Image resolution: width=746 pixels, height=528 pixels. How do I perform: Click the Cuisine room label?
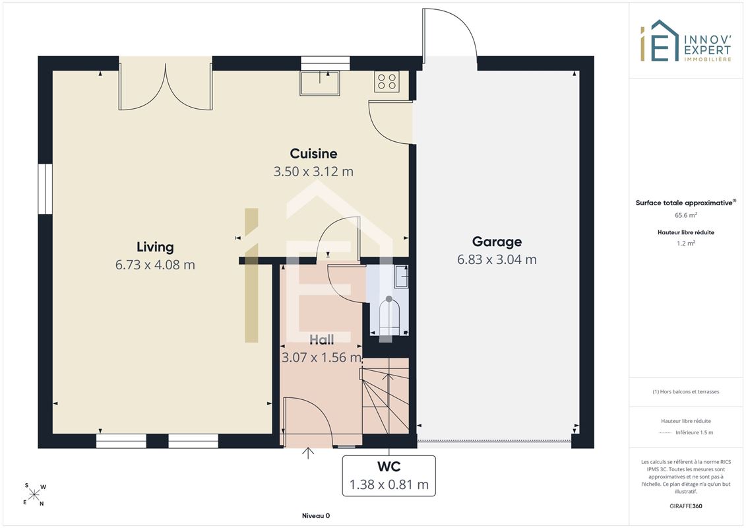[x=313, y=153]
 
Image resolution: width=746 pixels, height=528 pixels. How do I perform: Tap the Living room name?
[x=155, y=247]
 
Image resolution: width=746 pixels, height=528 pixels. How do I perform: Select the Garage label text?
[x=497, y=242]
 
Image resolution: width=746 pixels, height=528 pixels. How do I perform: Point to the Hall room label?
[x=322, y=339]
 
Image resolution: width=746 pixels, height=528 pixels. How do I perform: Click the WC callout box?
[x=389, y=476]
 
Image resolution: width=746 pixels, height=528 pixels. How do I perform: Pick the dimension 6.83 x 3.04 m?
[x=497, y=259]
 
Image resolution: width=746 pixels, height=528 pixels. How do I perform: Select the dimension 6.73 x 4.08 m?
[x=155, y=265]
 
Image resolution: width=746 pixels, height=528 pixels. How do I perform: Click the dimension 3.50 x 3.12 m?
[x=313, y=172]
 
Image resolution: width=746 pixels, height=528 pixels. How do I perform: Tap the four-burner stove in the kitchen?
[x=387, y=81]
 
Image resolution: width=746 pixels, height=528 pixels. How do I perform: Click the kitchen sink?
[x=320, y=83]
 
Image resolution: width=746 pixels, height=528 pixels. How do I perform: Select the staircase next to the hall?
[x=385, y=395]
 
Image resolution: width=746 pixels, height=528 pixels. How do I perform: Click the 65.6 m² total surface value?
[x=685, y=215]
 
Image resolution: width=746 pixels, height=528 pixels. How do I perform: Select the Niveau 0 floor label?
[x=316, y=515]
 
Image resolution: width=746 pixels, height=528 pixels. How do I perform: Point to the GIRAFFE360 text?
[x=685, y=506]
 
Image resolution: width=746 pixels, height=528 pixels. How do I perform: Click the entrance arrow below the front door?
[x=308, y=453]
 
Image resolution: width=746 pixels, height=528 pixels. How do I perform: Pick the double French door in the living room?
[x=165, y=83]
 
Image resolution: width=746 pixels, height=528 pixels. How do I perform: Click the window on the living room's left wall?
[x=46, y=189]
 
